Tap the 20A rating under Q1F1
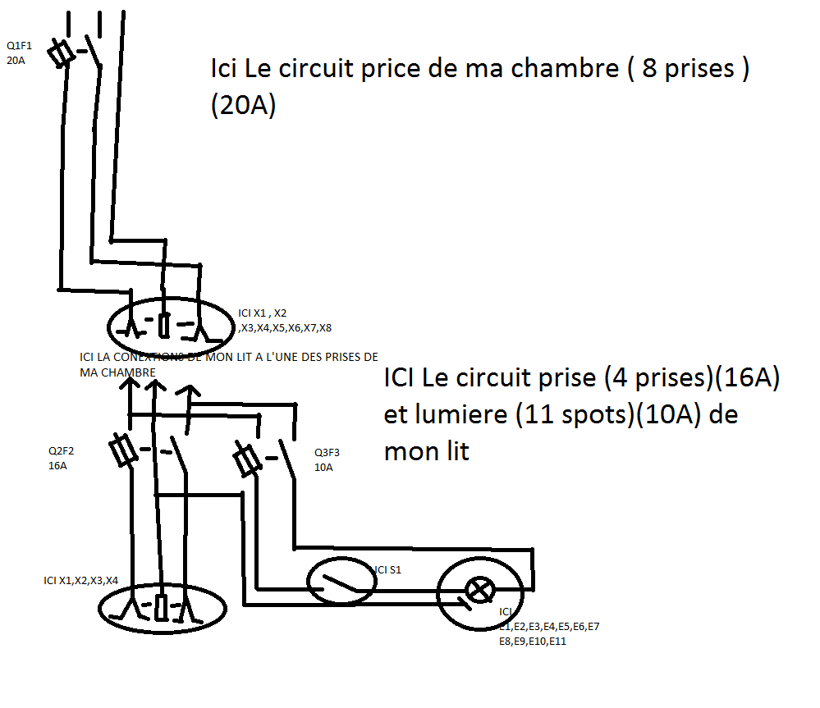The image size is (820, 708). click(x=15, y=59)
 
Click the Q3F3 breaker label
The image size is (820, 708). click(x=328, y=452)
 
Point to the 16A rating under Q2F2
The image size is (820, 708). click(x=57, y=465)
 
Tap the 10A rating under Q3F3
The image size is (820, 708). click(x=323, y=467)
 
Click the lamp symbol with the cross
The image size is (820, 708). click(x=479, y=588)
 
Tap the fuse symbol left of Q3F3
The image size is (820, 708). click(x=246, y=462)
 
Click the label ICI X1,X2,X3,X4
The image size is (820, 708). click(x=80, y=580)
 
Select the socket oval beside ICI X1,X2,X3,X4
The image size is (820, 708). click(x=161, y=608)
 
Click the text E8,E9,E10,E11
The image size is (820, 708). click(x=533, y=641)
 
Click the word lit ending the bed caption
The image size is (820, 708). click(x=452, y=450)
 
